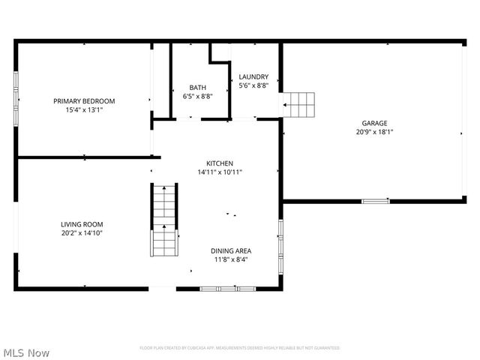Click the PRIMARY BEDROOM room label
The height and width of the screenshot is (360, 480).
click(x=83, y=101)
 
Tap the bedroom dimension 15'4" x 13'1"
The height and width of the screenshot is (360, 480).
click(x=83, y=109)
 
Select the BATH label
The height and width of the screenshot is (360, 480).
click(x=197, y=88)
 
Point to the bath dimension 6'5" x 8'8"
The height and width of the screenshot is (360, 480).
click(x=197, y=96)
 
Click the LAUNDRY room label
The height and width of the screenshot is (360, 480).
click(x=253, y=77)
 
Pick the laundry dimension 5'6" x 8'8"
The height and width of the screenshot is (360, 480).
click(x=253, y=86)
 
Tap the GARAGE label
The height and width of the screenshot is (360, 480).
click(x=374, y=123)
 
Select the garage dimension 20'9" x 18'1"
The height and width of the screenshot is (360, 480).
click(x=374, y=132)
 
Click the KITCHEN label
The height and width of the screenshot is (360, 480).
click(x=220, y=163)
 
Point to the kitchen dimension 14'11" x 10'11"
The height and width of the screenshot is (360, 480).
click(x=220, y=172)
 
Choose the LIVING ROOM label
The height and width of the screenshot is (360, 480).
click(x=82, y=224)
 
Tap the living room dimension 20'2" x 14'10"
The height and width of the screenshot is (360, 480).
click(x=82, y=233)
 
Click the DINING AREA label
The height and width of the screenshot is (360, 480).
click(x=230, y=251)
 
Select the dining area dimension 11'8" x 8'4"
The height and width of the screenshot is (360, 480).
click(x=230, y=260)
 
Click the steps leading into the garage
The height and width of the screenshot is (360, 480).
click(x=298, y=105)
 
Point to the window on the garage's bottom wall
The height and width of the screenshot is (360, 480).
click(x=375, y=201)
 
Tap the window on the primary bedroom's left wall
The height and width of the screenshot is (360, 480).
click(x=16, y=99)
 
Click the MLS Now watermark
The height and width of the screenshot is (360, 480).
click(x=26, y=352)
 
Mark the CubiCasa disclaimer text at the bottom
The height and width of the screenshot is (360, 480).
click(x=240, y=348)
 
